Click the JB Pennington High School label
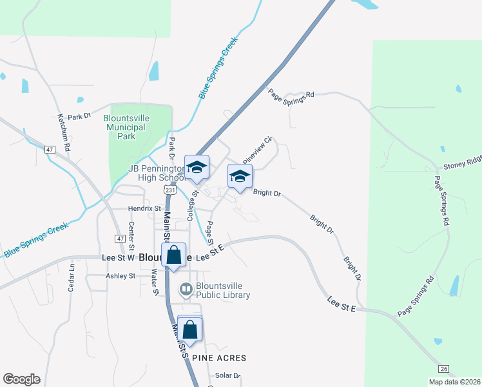click(x=157, y=173)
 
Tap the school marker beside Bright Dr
click(x=240, y=177)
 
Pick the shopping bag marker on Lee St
click(x=174, y=255)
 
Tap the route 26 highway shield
click(x=443, y=368)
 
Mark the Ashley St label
click(x=120, y=275)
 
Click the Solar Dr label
click(x=227, y=375)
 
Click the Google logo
click(x=21, y=379)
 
